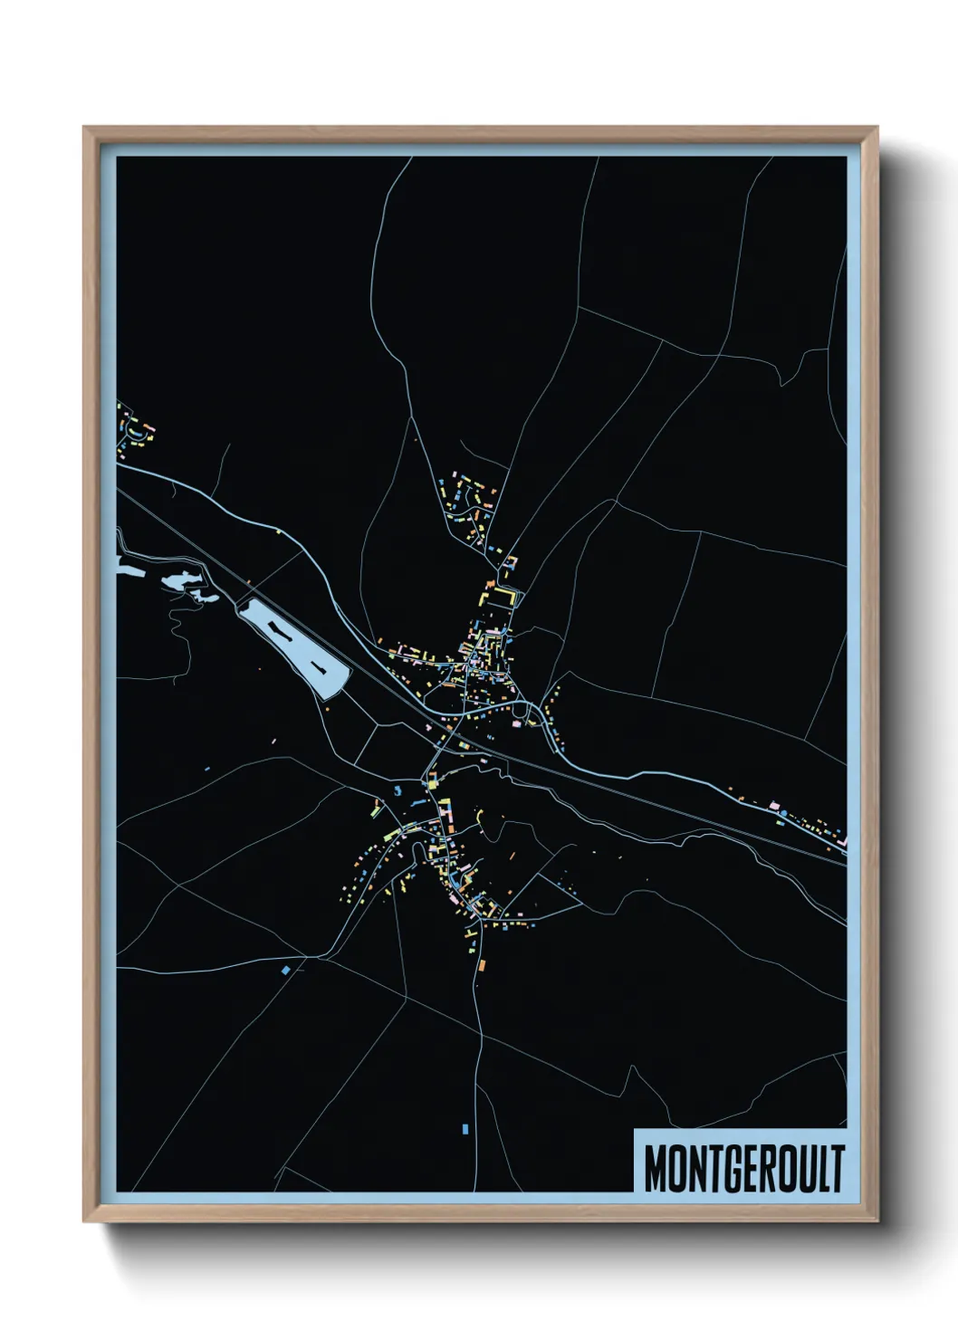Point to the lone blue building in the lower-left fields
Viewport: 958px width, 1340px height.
[x=286, y=970]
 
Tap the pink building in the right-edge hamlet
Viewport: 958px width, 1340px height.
[x=773, y=804]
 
